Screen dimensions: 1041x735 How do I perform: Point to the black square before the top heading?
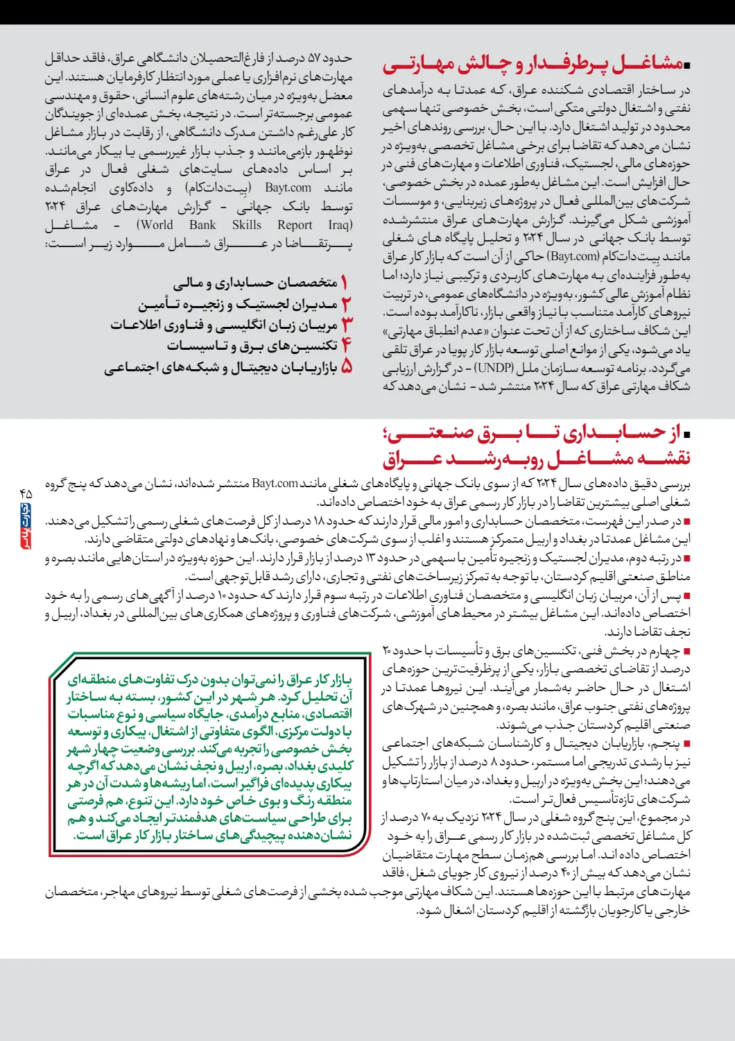687,66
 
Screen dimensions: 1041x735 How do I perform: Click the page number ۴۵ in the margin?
26,493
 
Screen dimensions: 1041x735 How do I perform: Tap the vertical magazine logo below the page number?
26,525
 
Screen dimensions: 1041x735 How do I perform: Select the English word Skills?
247,225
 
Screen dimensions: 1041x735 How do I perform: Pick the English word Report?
295,225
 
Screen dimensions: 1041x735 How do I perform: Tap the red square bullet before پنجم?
686,744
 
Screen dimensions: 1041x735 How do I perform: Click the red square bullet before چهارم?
686,652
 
